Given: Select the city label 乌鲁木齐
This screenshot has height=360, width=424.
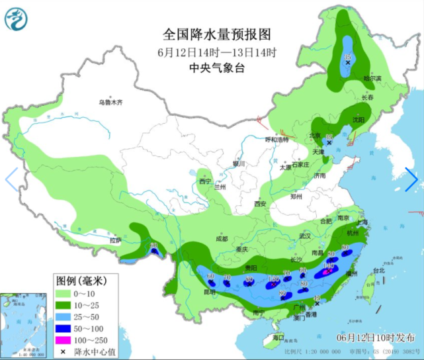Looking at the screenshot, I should coord(110,103).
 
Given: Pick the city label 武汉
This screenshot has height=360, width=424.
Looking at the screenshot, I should coord(304,236).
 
